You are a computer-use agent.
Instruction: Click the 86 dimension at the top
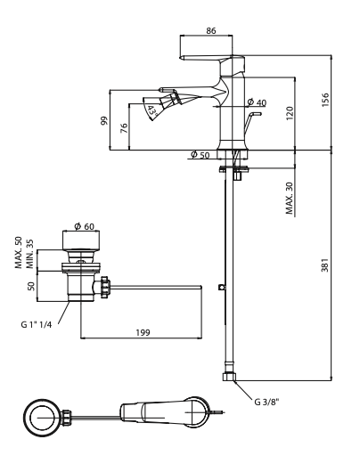point(211,29)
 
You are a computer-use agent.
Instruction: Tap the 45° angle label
point(152,111)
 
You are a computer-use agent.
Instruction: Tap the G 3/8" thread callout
point(264,403)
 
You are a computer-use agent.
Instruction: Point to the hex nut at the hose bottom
point(232,379)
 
